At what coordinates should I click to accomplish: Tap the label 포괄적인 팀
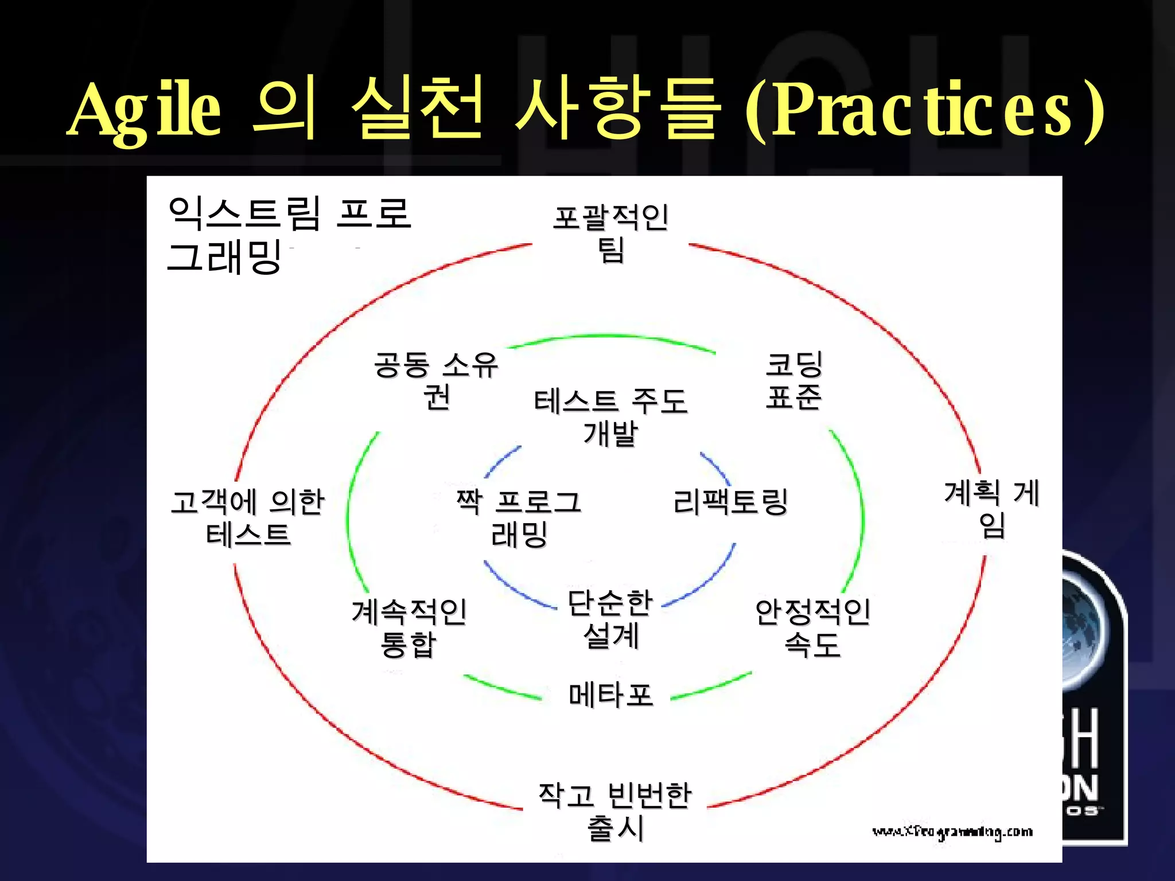[610, 233]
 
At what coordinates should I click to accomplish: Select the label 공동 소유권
[436, 380]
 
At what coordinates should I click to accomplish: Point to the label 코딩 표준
[794, 380]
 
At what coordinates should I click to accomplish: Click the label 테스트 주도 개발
[610, 416]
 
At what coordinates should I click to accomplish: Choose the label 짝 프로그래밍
[519, 518]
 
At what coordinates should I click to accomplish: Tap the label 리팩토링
[730, 502]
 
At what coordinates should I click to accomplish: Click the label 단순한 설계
[610, 619]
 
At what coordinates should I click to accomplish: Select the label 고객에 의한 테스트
[248, 518]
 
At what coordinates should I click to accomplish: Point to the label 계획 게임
[991, 509]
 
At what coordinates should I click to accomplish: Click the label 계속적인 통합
[409, 627]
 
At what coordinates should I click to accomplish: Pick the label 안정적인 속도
[812, 627]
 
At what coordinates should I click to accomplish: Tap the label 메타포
[610, 695]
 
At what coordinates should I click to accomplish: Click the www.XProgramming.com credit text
[952, 832]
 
